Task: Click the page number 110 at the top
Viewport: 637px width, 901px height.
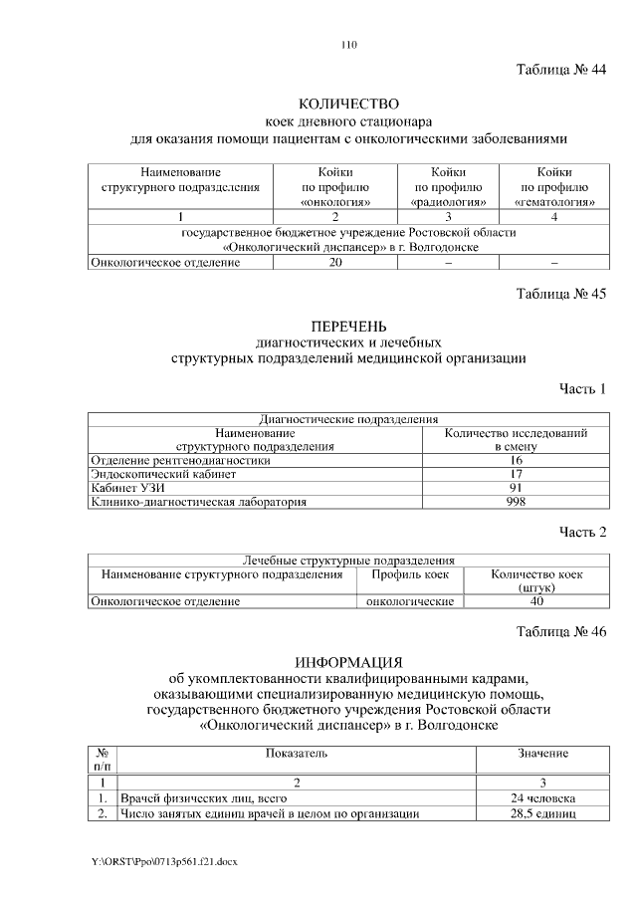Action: coord(348,45)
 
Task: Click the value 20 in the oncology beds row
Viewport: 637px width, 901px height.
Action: coord(335,262)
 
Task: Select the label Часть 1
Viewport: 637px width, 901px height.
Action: coord(582,387)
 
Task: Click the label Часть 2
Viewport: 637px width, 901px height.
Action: coord(582,533)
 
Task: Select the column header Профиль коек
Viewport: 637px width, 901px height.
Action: coord(410,574)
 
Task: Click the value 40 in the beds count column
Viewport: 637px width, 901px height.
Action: coord(536,601)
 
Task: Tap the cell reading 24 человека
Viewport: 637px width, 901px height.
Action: coord(542,798)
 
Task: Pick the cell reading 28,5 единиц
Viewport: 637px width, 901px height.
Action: coord(542,813)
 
